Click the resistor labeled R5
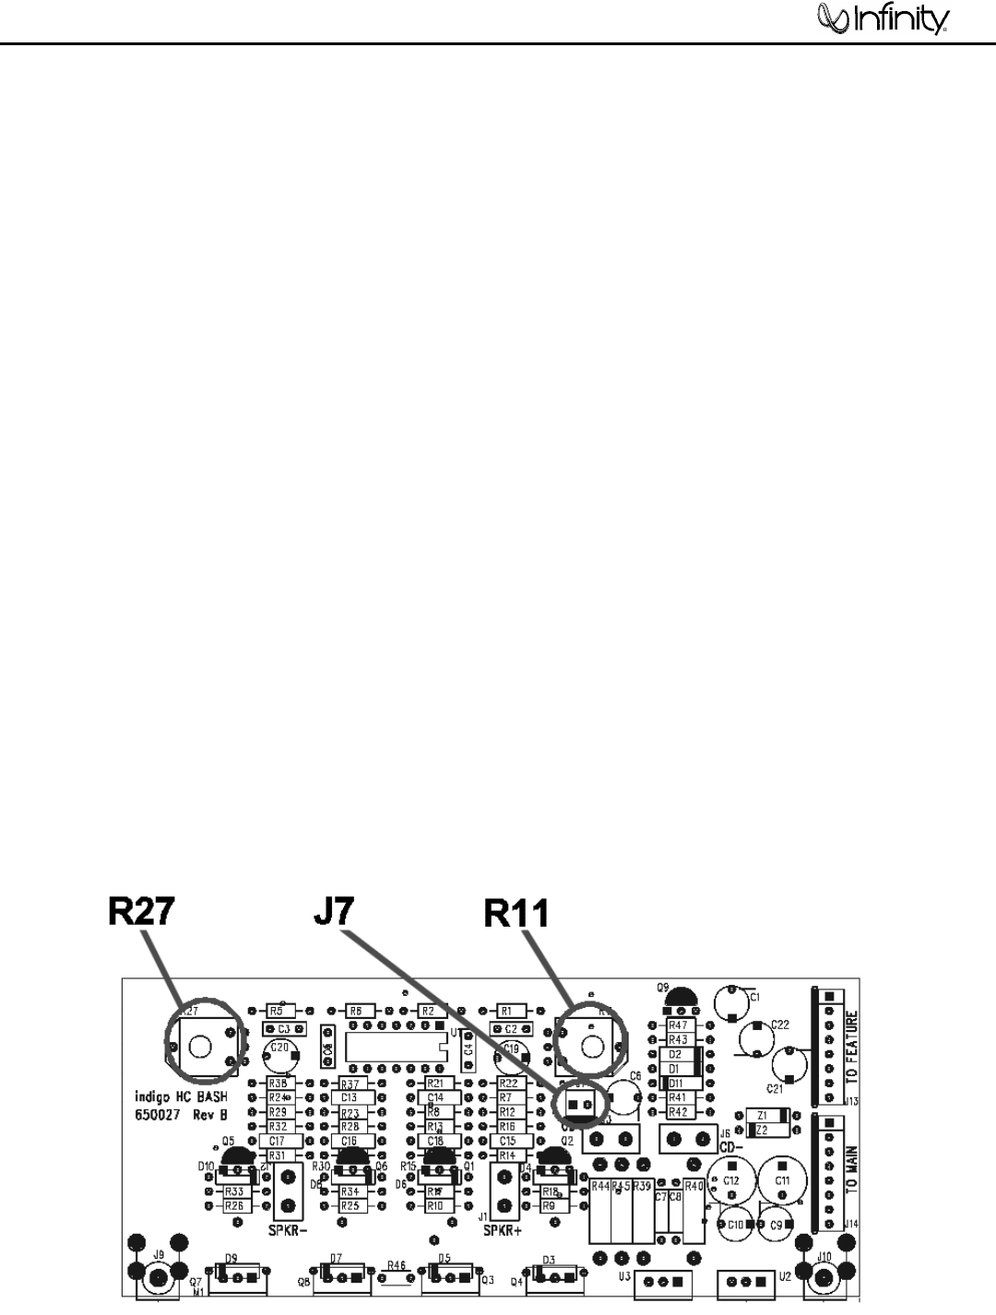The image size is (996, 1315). (276, 1011)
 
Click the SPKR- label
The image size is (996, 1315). (288, 1230)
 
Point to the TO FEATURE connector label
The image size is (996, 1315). (852, 1048)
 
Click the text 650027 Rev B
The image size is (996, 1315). (180, 1114)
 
